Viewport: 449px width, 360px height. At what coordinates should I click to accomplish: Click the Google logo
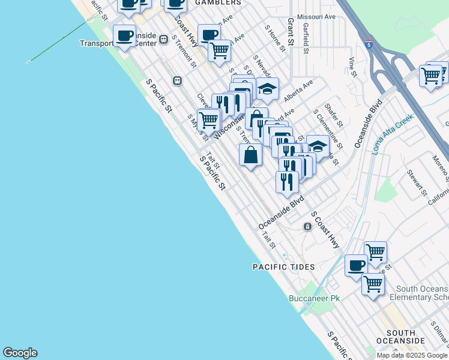pos(20,353)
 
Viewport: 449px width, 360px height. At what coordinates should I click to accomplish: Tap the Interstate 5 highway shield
pos(368,44)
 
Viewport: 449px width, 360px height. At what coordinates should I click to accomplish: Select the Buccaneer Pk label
pos(314,298)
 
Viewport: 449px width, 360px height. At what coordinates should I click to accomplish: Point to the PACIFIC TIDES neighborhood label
pos(283,266)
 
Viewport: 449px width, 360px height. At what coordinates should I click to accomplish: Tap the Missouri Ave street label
pos(317,17)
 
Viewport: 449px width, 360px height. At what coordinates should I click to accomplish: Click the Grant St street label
pos(290,32)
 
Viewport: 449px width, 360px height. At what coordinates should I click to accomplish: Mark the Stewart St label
pos(416,185)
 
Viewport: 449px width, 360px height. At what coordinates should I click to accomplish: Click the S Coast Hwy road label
pos(325,230)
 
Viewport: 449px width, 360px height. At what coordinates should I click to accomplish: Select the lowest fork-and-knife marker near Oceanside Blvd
pos(287,181)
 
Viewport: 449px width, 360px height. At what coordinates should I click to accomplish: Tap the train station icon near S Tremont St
pos(177,81)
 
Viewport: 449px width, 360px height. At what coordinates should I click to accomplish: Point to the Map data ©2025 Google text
pos(411,355)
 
